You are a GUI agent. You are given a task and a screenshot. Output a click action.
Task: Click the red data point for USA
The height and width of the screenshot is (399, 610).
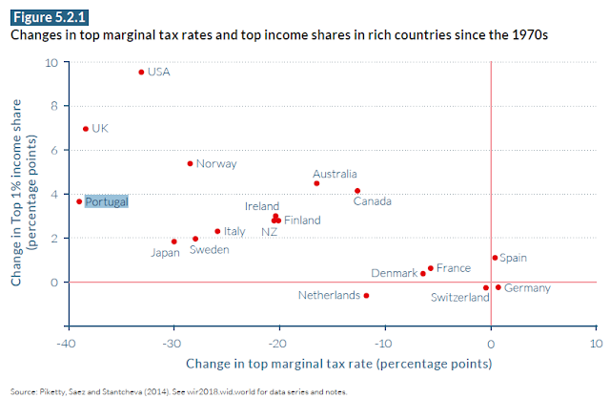tap(141, 72)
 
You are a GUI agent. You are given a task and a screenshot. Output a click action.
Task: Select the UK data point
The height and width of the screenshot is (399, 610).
tap(85, 129)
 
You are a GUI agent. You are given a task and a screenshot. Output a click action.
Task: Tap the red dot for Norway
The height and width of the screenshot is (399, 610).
tap(190, 163)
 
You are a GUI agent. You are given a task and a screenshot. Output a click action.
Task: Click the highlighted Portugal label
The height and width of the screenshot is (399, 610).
tap(106, 201)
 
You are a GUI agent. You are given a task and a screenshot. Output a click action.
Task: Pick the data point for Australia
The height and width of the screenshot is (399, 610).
tap(316, 183)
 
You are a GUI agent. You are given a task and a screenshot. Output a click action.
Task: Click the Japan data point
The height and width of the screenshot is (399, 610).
tap(173, 241)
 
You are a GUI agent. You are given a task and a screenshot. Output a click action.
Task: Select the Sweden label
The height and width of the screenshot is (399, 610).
tap(208, 250)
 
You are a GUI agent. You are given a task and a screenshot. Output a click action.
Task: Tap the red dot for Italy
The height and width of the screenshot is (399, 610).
tap(217, 231)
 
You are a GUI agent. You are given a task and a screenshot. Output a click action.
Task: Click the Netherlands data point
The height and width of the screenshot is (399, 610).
tap(366, 296)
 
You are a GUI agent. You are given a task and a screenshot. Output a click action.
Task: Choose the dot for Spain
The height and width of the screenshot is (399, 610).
tap(495, 258)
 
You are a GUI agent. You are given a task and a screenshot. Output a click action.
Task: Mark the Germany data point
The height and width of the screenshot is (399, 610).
tap(498, 287)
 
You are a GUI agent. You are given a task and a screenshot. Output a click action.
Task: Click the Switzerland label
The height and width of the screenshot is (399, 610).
tap(461, 297)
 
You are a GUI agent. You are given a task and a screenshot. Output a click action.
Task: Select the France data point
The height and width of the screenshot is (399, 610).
tap(431, 268)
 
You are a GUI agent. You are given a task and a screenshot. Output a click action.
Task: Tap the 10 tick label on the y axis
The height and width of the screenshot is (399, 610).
tap(52, 63)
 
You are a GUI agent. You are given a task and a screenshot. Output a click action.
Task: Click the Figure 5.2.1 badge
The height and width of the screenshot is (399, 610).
tap(43, 17)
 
